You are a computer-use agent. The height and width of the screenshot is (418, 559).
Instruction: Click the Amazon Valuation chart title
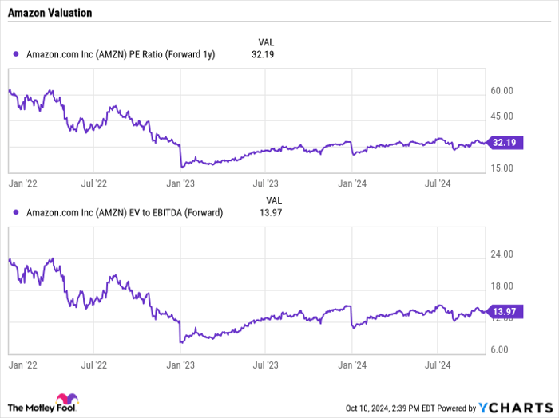(x=50, y=13)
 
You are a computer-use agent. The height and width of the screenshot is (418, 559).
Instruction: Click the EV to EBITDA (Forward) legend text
(x=125, y=213)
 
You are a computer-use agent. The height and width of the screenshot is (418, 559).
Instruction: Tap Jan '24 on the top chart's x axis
(x=351, y=183)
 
